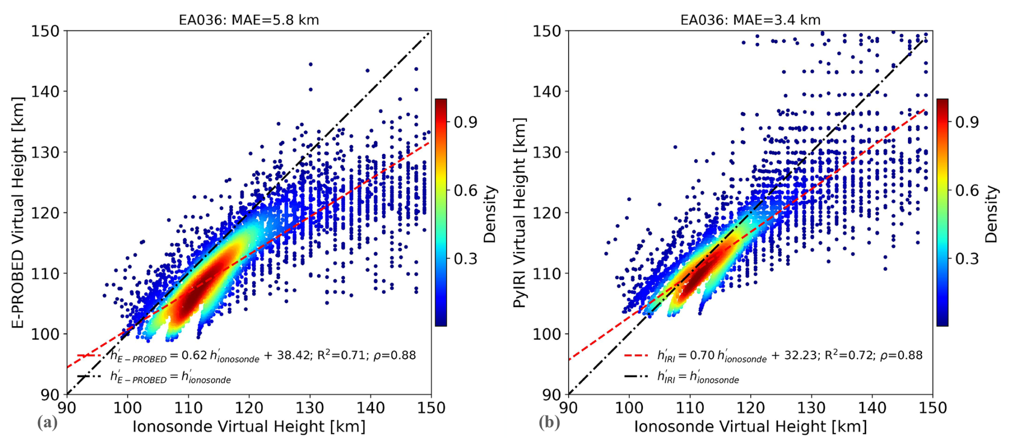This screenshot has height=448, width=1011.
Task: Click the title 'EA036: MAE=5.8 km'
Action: click(x=248, y=20)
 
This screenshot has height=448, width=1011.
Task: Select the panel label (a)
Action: click(x=47, y=423)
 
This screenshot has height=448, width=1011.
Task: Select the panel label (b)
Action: click(x=549, y=423)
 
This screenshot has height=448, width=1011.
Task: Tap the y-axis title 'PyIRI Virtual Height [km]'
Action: click(x=519, y=212)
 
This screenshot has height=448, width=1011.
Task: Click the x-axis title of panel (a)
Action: click(x=248, y=427)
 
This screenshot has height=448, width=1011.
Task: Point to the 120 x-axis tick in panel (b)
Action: click(x=750, y=408)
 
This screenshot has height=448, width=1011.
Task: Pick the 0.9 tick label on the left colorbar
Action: click(x=465, y=122)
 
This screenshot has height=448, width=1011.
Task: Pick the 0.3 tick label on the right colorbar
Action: click(x=967, y=258)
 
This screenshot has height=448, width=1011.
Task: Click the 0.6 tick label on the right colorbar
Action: click(x=967, y=191)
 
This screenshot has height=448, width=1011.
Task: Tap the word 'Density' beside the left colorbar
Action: click(x=490, y=214)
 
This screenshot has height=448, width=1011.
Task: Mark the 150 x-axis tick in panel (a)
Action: click(x=431, y=408)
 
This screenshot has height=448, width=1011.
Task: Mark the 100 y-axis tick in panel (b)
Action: click(x=547, y=334)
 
